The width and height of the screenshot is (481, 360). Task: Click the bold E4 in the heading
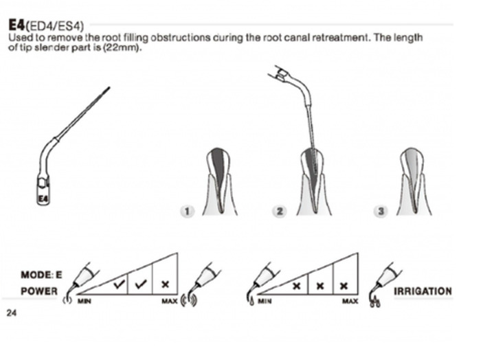[x=16, y=25]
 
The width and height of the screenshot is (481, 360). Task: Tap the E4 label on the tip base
[x=43, y=199]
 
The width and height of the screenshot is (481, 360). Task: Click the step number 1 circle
[x=187, y=211]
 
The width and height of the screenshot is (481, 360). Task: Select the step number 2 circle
[x=280, y=211]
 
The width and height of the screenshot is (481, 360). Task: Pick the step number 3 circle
[x=381, y=211]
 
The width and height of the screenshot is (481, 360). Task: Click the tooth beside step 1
[x=219, y=182]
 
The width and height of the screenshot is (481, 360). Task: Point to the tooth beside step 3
[x=414, y=182]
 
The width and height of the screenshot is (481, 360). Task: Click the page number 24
[x=12, y=313]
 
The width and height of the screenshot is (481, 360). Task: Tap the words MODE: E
[x=41, y=274]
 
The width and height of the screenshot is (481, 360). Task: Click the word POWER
[x=39, y=291]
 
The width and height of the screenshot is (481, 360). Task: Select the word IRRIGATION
[x=423, y=291]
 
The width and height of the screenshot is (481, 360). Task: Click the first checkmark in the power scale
[x=120, y=284]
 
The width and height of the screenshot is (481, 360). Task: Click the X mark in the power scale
[x=165, y=284]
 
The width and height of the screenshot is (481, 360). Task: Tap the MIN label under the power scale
[x=84, y=302]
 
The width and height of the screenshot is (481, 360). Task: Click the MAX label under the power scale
[x=170, y=302]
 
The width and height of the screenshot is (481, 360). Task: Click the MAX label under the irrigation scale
[x=350, y=302]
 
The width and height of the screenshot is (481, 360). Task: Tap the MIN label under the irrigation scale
[x=265, y=302]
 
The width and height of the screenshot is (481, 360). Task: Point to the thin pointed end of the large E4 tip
[x=109, y=88]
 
